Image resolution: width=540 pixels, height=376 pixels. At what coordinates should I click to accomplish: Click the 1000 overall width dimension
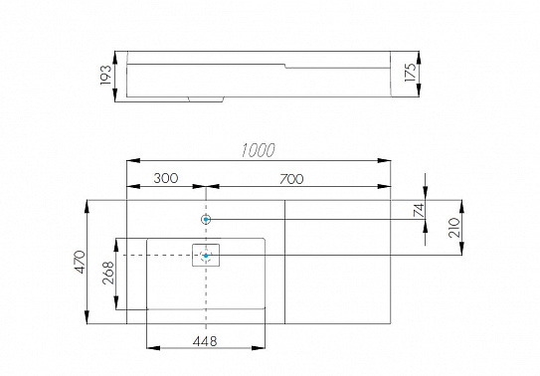pyautogui.click(x=258, y=150)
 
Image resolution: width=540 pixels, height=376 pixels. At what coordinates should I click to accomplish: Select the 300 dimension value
pyautogui.click(x=166, y=178)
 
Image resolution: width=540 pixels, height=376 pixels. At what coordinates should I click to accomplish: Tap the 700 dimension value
pyautogui.click(x=291, y=179)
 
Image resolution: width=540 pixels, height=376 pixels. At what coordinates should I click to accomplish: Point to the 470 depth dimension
pyautogui.click(x=81, y=262)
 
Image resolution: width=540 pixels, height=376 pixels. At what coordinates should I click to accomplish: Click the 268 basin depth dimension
pyautogui.click(x=108, y=273)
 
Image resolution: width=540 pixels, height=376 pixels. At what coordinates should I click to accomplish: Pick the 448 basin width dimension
pyautogui.click(x=205, y=341)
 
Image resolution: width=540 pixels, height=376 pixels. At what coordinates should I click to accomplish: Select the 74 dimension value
pyautogui.click(x=419, y=211)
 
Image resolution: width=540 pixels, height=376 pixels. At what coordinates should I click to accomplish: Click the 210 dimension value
pyautogui.click(x=454, y=228)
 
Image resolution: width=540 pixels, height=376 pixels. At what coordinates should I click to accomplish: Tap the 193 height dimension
pyautogui.click(x=105, y=75)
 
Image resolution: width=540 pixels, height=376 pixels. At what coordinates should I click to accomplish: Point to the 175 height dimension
pyautogui.click(x=410, y=73)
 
